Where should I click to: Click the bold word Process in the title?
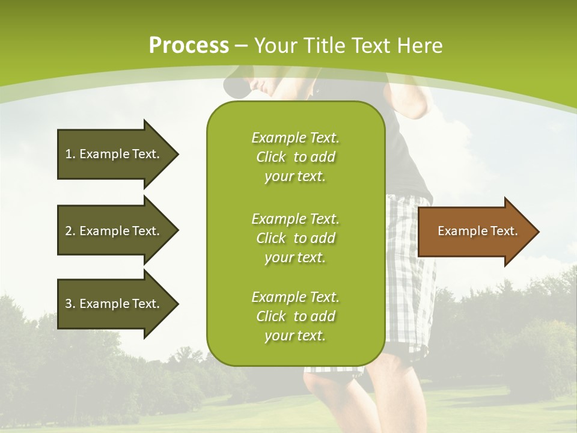(x=189, y=45)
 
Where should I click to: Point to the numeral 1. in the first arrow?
(x=70, y=154)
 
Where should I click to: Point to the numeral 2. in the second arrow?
(x=70, y=231)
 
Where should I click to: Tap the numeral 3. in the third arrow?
(x=70, y=304)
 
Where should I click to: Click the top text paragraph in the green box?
(x=295, y=157)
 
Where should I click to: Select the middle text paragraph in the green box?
(x=295, y=238)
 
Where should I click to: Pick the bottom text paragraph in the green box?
(x=295, y=316)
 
